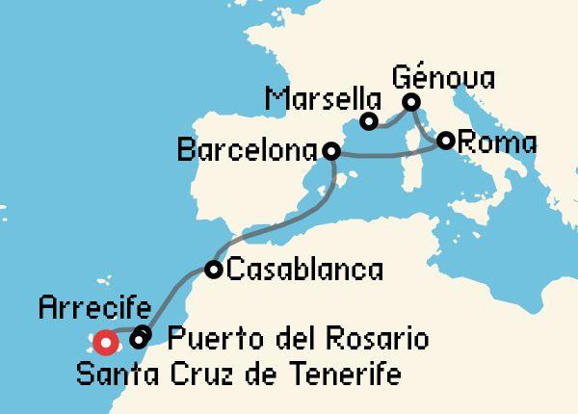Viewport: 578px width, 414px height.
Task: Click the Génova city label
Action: click(444, 77)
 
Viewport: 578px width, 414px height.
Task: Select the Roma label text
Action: click(496, 142)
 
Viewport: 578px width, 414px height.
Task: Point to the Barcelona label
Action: click(250, 152)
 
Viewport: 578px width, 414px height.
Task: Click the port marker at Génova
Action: click(411, 102)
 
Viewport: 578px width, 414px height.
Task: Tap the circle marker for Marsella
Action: click(368, 121)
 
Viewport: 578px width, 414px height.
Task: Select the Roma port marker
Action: click(445, 141)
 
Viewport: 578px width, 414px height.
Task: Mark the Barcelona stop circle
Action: click(331, 151)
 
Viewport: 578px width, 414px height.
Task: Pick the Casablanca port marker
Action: click(214, 270)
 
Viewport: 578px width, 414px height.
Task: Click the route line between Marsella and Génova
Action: click(389, 121)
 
